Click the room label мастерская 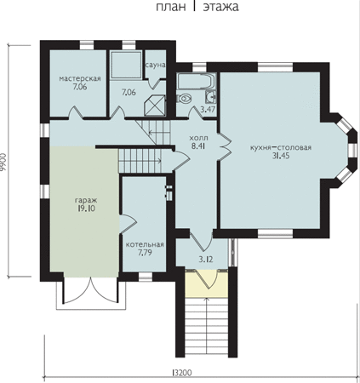(80, 78)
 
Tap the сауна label (156, 65)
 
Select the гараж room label (86, 200)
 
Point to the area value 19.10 (86, 209)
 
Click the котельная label (145, 244)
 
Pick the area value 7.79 (145, 253)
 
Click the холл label (198, 138)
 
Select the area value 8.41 (198, 146)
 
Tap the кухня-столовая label (281, 147)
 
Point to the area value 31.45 (281, 156)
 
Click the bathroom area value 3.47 (208, 109)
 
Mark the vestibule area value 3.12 (206, 259)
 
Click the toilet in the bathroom (184, 99)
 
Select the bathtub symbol (196, 81)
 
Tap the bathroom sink (210, 97)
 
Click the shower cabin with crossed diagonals (155, 106)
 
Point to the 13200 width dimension (181, 373)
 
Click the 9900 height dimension (3, 162)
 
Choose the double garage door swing (91, 291)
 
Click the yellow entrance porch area (207, 282)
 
